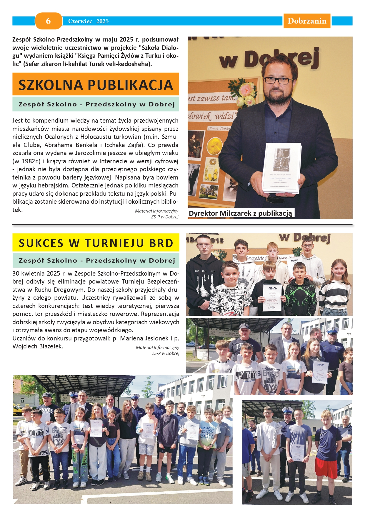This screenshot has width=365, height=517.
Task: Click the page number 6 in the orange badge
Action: [49, 21]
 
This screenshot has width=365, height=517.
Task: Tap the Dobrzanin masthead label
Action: [307, 21]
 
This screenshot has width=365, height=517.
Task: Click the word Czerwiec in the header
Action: [80, 21]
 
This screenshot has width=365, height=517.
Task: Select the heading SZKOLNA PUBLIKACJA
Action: [96, 85]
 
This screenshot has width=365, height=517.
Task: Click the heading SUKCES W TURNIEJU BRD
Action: [96, 243]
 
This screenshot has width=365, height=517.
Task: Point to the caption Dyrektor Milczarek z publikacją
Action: [241, 213]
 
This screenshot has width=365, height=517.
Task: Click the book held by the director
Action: [282, 168]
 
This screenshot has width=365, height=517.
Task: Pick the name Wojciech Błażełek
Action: [38, 346]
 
